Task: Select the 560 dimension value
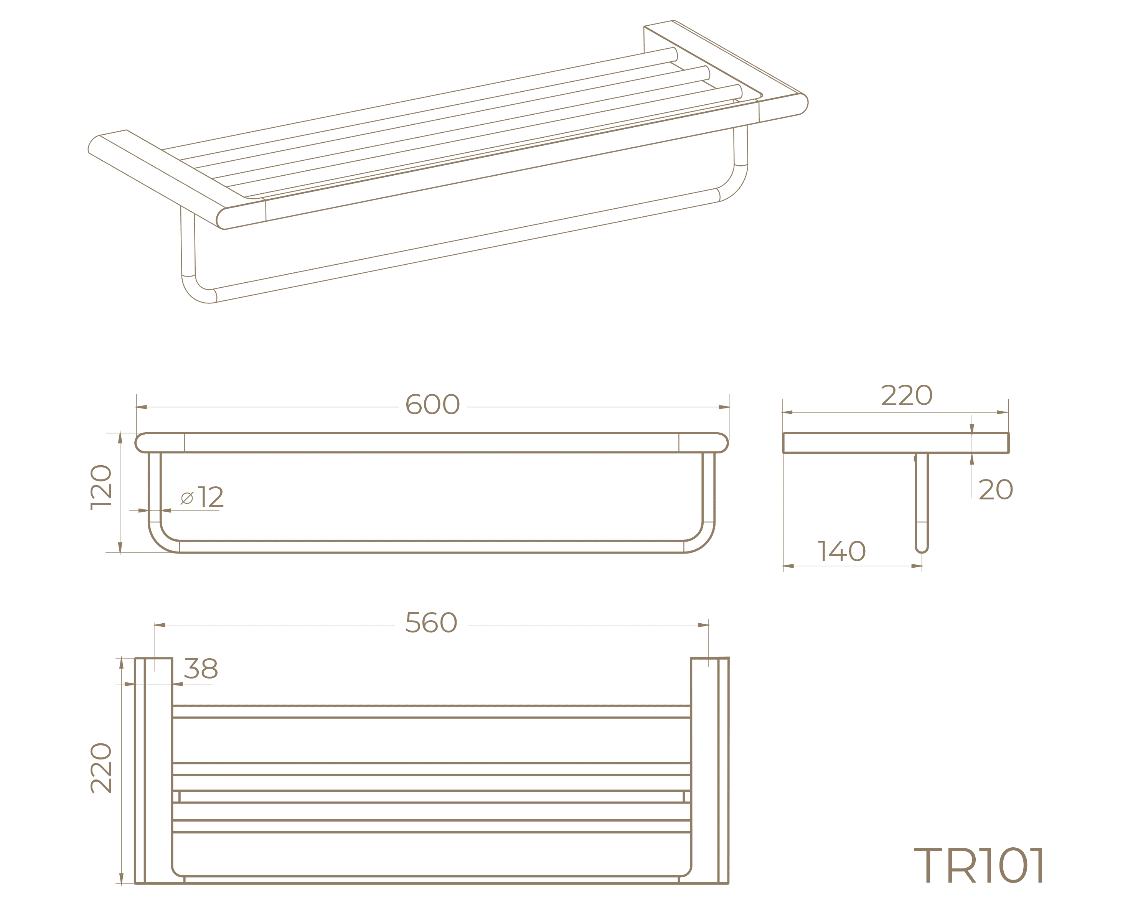point(431,623)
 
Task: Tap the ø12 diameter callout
point(202,497)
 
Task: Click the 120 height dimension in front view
point(101,487)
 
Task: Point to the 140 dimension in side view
point(841,552)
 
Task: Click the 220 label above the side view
point(907,395)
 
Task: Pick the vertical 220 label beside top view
point(101,768)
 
